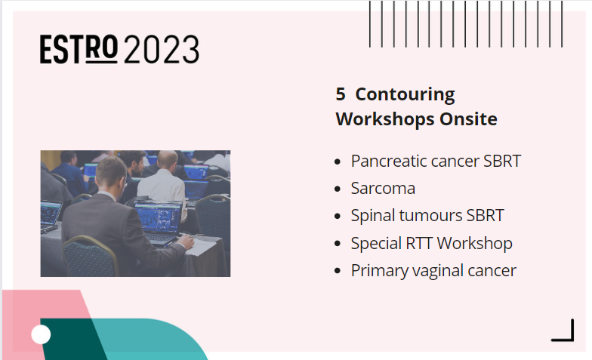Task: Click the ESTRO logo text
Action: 79,49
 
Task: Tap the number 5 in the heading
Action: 341,95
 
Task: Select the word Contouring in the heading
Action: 405,95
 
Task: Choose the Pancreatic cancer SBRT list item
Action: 436,162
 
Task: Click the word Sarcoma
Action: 383,189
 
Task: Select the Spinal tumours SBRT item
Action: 427,216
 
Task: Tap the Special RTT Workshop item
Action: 431,243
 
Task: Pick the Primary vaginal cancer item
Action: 433,270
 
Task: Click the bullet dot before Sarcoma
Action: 337,189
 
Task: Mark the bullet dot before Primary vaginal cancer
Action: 337,271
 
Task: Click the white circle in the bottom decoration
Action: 41,334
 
